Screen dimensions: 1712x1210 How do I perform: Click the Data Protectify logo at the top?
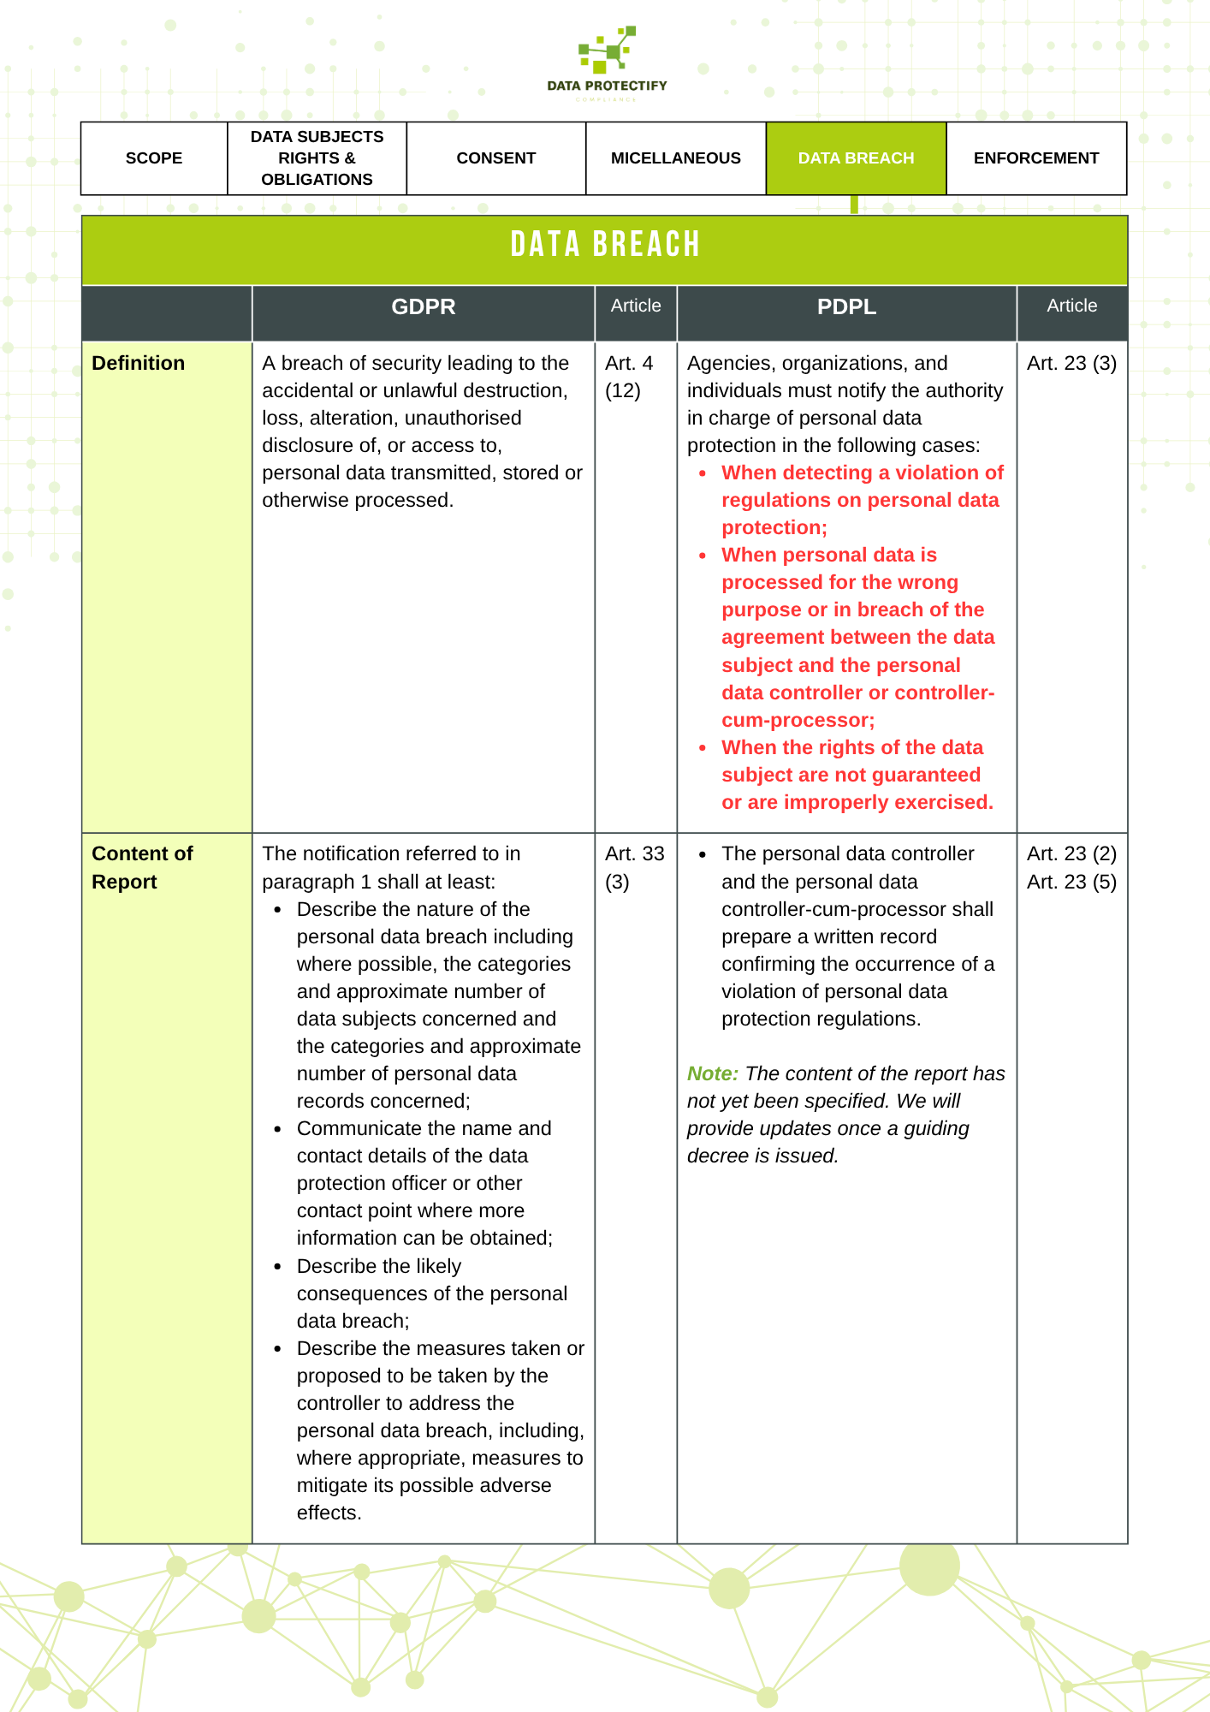[x=607, y=62]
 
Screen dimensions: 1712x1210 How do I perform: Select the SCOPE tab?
[x=154, y=158]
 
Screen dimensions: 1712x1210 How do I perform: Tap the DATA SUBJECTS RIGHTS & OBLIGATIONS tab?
[x=317, y=158]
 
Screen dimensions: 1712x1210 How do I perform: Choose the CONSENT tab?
[x=496, y=158]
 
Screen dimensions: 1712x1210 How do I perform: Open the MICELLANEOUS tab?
[x=676, y=158]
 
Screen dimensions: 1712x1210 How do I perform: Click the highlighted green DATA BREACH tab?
[x=856, y=158]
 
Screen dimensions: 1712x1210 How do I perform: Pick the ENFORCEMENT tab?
[x=1035, y=158]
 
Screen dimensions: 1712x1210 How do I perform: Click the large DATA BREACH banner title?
[x=605, y=245]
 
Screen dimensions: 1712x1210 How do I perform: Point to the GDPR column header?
[x=424, y=307]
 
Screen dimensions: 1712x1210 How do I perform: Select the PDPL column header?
[x=846, y=307]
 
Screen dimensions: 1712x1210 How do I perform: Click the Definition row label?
[x=139, y=363]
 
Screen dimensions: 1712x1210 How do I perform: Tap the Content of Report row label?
[x=142, y=867]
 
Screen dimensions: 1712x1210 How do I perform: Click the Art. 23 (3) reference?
[x=1071, y=363]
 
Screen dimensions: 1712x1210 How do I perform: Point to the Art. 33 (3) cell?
[x=634, y=867]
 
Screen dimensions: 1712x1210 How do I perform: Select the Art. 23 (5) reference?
[x=1071, y=882]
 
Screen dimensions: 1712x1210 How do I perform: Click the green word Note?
[x=713, y=1073]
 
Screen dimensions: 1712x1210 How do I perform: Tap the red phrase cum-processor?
[x=798, y=720]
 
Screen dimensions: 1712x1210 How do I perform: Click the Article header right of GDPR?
[x=636, y=306]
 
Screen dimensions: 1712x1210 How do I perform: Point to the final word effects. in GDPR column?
[x=329, y=1513]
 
